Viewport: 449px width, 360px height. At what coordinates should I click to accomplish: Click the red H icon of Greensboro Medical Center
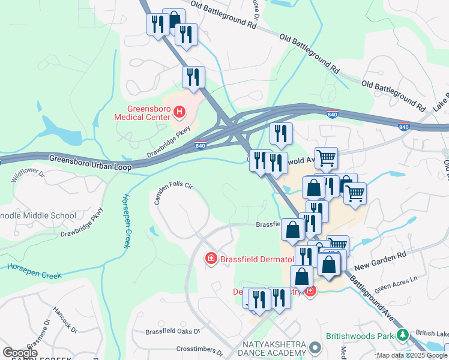coord(178,111)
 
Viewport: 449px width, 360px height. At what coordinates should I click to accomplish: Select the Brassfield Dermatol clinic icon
coord(211,259)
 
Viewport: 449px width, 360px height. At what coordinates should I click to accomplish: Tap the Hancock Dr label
coord(65,320)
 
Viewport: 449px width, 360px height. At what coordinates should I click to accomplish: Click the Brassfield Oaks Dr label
coord(172,331)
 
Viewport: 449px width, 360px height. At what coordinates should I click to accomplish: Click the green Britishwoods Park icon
coord(406,334)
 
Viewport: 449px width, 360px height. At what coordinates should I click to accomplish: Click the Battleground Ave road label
coord(374,296)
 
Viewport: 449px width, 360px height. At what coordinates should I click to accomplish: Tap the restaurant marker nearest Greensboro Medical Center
coord(193,77)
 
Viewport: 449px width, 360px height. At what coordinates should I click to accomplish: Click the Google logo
coord(20,353)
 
